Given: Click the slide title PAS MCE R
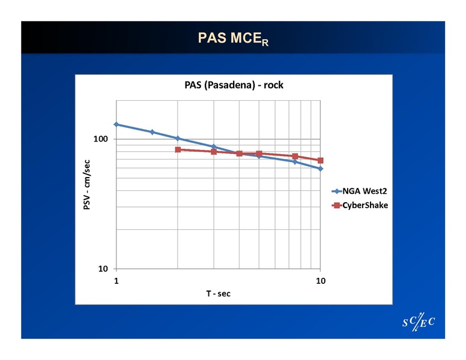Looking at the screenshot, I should [233, 38].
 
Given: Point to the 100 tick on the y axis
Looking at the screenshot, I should [101, 139].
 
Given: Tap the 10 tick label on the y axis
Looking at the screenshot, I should [104, 268].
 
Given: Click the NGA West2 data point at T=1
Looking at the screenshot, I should [116, 124].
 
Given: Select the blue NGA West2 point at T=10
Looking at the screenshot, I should [320, 169].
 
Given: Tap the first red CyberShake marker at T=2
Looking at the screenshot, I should [178, 149].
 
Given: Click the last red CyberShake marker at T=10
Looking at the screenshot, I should [320, 160].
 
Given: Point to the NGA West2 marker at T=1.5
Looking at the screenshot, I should [153, 132].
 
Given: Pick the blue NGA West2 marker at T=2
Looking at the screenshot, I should [178, 139].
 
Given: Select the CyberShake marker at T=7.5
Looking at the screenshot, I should [295, 157].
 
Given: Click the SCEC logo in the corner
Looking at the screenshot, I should [418, 322].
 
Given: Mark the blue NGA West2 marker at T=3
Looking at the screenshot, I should [214, 146].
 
